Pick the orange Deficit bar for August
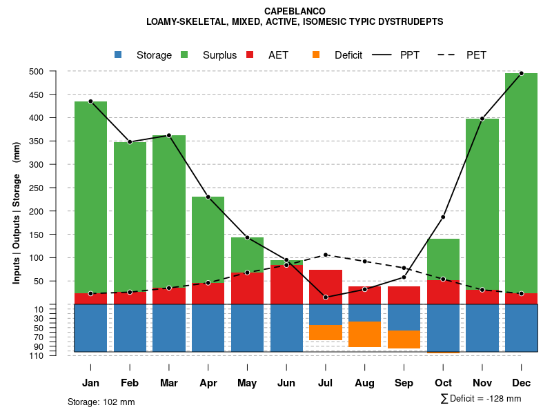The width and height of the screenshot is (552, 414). [365, 334]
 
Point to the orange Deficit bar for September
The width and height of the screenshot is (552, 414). [404, 339]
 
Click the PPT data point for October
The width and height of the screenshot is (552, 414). [443, 217]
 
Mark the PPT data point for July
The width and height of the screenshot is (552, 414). [326, 297]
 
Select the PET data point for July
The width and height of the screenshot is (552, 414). [326, 255]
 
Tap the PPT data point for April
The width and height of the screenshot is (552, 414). [208, 197]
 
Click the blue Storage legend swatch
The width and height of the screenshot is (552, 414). [118, 55]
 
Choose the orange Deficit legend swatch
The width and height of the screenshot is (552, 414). [316, 55]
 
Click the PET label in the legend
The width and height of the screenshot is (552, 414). [476, 55]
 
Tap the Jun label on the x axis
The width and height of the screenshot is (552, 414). [286, 383]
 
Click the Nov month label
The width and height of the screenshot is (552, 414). [482, 383]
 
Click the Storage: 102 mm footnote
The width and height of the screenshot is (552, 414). [101, 402]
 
